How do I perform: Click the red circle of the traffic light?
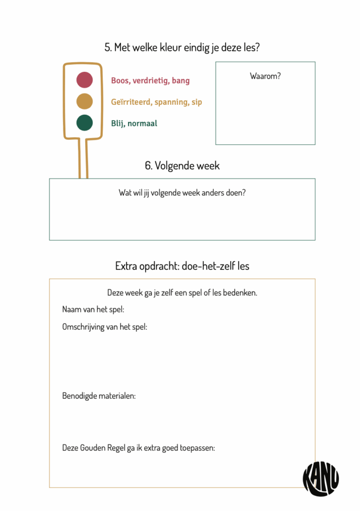pyautogui.click(x=84, y=80)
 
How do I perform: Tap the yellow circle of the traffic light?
pyautogui.click(x=84, y=101)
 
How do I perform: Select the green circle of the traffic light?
pyautogui.click(x=84, y=123)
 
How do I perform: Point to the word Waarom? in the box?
pyautogui.click(x=265, y=76)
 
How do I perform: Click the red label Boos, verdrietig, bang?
pyautogui.click(x=150, y=80)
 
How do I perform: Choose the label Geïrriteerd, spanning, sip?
pyautogui.click(x=156, y=102)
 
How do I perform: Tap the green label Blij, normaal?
pyautogui.click(x=134, y=123)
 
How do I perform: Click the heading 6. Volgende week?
pyautogui.click(x=182, y=166)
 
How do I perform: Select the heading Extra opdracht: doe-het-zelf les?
pyautogui.click(x=182, y=266)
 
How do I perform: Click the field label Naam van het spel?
pyautogui.click(x=93, y=309)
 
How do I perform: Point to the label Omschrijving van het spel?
pyautogui.click(x=105, y=327)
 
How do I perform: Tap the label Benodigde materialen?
pyautogui.click(x=99, y=396)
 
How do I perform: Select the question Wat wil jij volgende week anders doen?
pyautogui.click(x=182, y=193)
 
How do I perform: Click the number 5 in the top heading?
pyautogui.click(x=108, y=47)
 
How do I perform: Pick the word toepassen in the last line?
pyautogui.click(x=197, y=448)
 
